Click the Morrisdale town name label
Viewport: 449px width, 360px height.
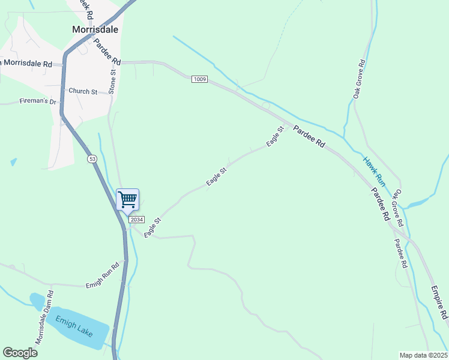click(x=95, y=29)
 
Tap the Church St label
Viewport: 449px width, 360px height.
click(x=82, y=91)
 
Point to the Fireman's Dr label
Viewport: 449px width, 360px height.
click(x=37, y=101)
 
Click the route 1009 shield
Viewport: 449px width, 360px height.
click(x=199, y=79)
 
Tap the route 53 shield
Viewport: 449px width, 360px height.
click(x=91, y=159)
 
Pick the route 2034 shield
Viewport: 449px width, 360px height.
click(x=136, y=220)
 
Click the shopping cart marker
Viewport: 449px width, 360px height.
click(x=127, y=199)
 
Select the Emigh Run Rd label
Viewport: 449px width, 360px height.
click(x=103, y=275)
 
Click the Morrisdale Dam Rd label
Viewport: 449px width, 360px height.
click(x=44, y=317)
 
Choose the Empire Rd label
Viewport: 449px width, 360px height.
click(x=439, y=303)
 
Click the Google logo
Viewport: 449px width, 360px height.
click(x=20, y=353)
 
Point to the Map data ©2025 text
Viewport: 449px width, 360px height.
click(x=423, y=355)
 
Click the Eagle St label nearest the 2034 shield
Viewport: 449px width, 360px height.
click(x=152, y=227)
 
